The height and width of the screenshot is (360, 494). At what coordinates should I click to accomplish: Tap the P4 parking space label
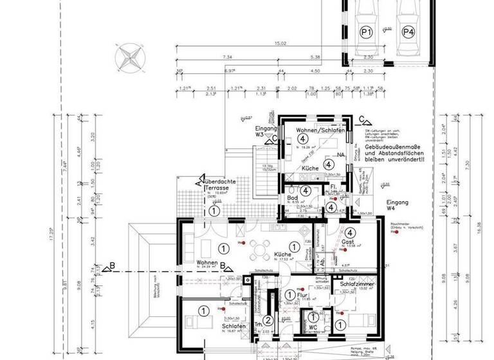coord(408,31)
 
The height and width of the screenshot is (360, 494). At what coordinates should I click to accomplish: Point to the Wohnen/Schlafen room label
coord(321,131)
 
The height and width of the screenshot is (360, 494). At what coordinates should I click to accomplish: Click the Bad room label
coord(293,198)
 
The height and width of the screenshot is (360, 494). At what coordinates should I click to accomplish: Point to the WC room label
coord(313,327)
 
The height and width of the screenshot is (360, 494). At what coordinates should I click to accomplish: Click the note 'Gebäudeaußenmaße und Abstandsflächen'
coord(395,155)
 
